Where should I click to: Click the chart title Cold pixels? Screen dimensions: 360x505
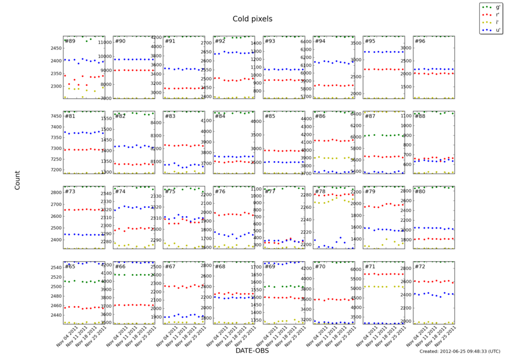click(252, 19)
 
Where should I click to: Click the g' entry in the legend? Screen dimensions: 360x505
click(495, 7)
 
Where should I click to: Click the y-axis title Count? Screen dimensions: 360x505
click(17, 180)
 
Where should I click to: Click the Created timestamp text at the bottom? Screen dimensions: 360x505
click(458, 351)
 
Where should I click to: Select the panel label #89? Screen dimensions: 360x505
click(70, 41)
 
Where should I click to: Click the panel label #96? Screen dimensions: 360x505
click(420, 41)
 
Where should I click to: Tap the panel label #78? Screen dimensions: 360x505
click(320, 192)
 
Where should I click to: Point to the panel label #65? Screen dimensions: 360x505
click(70, 266)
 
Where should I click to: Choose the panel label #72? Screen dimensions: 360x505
click(420, 266)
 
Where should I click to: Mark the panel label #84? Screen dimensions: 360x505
click(220, 116)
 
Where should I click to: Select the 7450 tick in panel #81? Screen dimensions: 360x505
click(54, 116)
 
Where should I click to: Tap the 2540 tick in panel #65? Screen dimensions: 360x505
click(54, 267)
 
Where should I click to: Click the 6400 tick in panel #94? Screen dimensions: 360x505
click(304, 42)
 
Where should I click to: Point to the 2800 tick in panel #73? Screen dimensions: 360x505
click(54, 193)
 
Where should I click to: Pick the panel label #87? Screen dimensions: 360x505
click(370, 116)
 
